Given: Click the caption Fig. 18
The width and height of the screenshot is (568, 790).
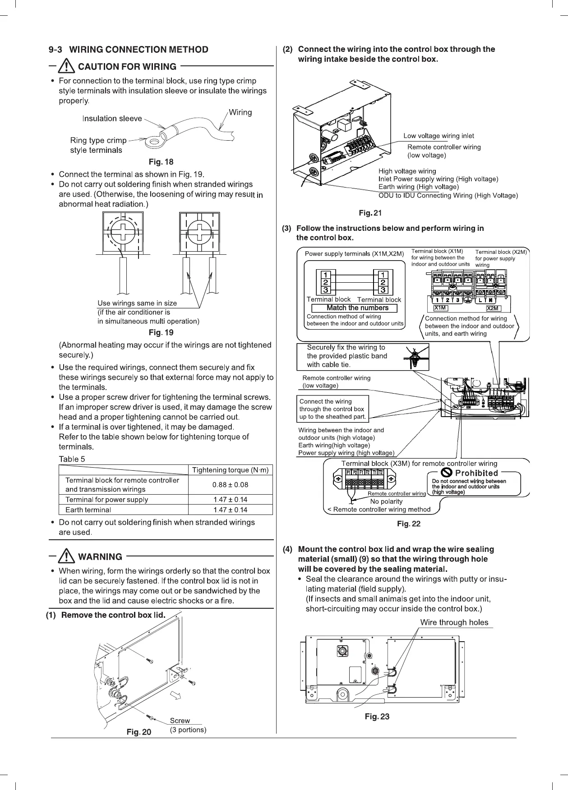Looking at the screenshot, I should click(x=161, y=161).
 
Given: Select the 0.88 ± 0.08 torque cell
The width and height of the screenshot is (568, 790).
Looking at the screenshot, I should click(x=230, y=485).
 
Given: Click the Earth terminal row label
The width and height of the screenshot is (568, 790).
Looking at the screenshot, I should click(x=88, y=510).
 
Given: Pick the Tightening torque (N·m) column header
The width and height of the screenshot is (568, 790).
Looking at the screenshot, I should click(x=230, y=470).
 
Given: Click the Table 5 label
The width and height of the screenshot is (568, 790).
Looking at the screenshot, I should click(x=72, y=459).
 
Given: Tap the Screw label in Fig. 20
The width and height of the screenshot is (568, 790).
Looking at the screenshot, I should click(x=180, y=721).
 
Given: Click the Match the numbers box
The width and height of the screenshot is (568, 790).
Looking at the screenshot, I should click(x=357, y=308).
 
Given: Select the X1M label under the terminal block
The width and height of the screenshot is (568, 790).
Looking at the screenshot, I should click(x=440, y=308).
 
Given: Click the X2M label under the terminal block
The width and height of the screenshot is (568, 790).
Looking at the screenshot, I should click(x=493, y=308).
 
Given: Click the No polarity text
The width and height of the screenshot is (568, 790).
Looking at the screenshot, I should click(x=386, y=501).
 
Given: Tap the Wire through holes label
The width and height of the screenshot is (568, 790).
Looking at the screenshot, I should click(x=454, y=622).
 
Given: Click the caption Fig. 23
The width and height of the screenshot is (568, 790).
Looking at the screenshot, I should click(x=377, y=717).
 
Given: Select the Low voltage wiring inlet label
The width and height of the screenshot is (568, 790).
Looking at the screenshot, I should click(x=439, y=136).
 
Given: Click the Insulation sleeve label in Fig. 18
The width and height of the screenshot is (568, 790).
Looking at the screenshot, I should click(x=112, y=119).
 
